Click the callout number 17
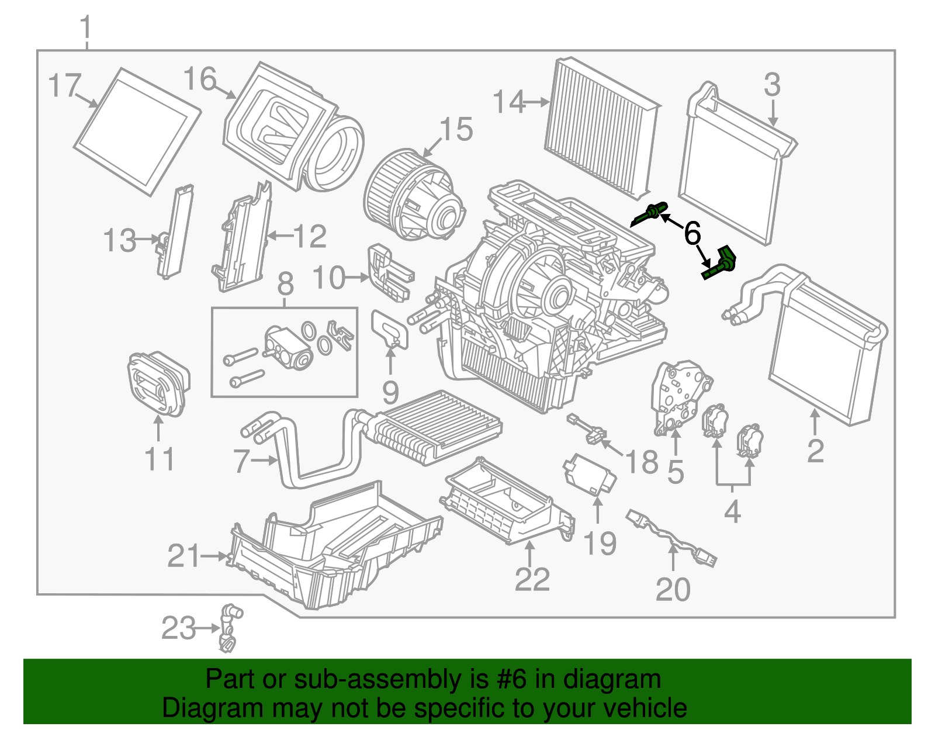point(64,85)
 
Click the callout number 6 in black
point(692,234)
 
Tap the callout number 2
point(815,451)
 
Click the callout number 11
point(159,459)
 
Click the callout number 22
point(532,579)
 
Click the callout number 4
point(732,512)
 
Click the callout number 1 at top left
point(86,27)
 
